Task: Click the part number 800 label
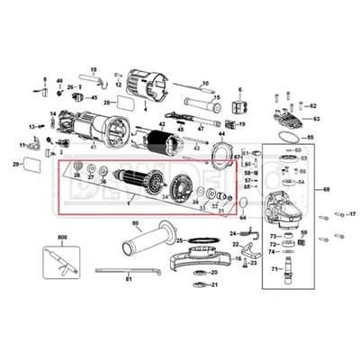click(x=62, y=237)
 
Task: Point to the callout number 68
click(x=327, y=190)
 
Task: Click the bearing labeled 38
click(x=77, y=166)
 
